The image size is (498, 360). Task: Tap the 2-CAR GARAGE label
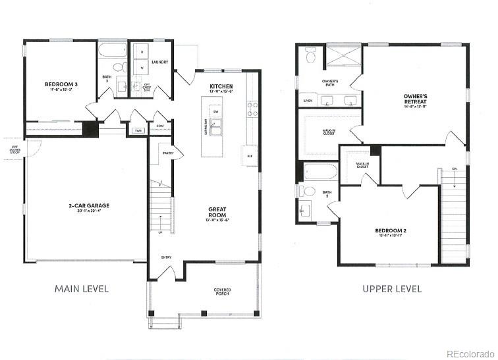[88, 205]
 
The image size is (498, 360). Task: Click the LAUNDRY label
[160, 63]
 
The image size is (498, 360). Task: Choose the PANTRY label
[168, 153]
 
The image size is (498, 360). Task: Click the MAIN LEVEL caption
[82, 288]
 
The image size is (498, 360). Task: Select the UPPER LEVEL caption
[392, 288]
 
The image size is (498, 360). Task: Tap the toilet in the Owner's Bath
[311, 57]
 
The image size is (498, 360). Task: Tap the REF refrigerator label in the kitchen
[250, 155]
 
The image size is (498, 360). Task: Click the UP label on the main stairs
[160, 232]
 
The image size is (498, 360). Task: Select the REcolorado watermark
[469, 353]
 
